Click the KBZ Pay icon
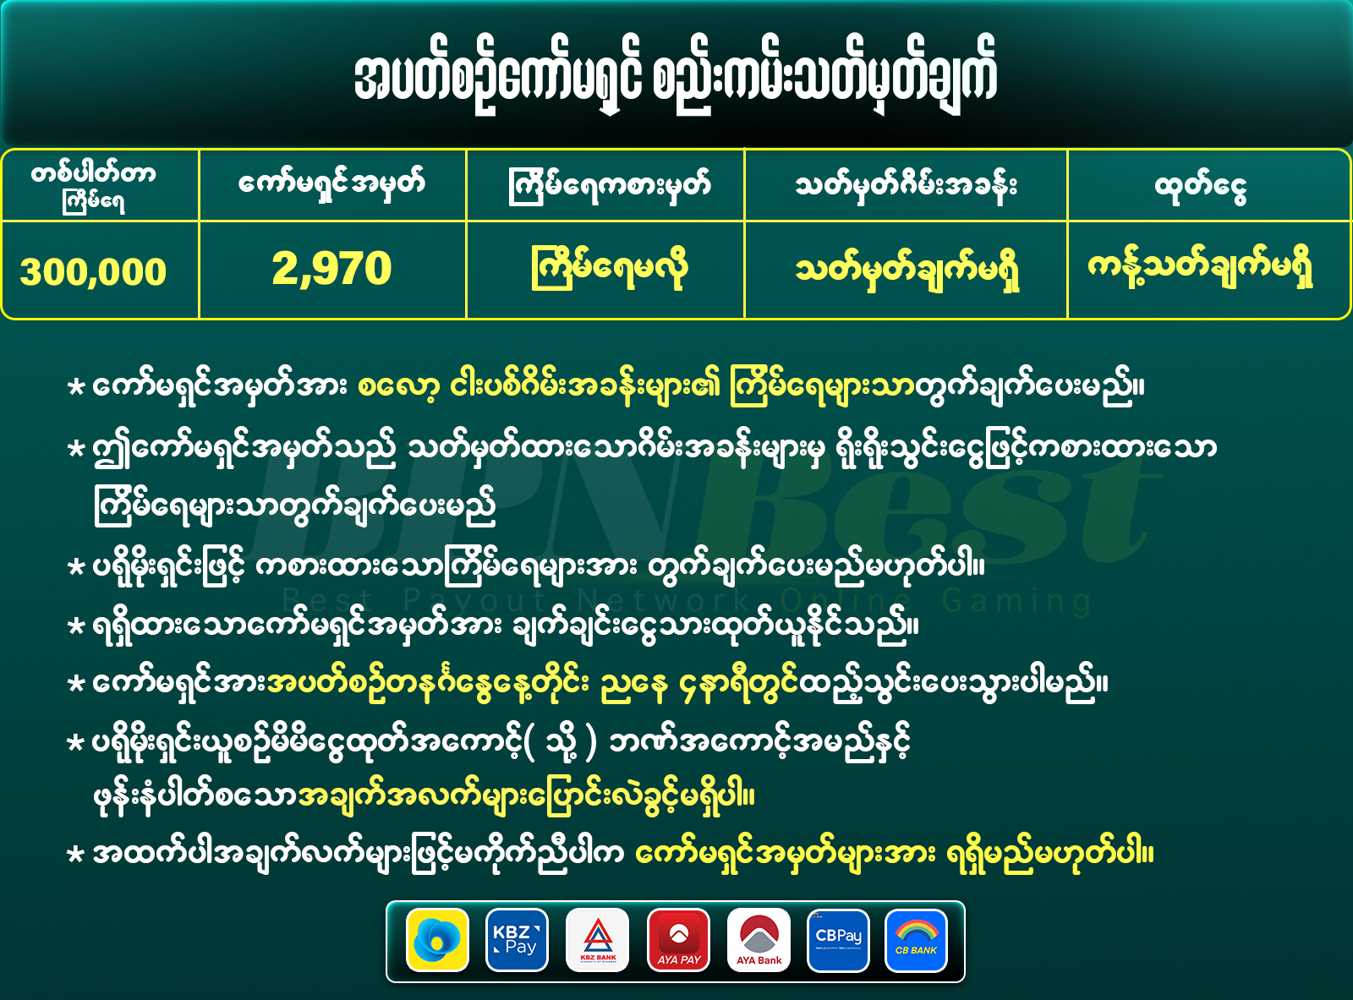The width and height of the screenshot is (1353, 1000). click(517, 940)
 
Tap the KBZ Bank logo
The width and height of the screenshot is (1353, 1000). click(597, 940)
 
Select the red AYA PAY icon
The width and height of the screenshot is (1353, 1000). click(678, 940)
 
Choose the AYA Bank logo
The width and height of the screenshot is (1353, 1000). click(759, 940)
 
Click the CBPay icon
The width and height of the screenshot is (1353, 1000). click(838, 940)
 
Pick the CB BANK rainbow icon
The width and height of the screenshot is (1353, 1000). click(916, 940)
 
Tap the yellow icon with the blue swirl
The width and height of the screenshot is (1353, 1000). click(437, 940)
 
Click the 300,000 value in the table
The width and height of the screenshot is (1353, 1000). click(93, 270)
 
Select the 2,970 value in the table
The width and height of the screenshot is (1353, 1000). click(331, 268)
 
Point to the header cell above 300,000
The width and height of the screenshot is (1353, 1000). click(93, 185)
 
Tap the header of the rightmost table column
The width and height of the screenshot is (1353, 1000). click(1201, 186)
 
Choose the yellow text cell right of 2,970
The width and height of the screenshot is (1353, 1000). click(609, 268)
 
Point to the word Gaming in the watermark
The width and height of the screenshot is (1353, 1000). click(1017, 601)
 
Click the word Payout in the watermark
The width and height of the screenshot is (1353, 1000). click(474, 601)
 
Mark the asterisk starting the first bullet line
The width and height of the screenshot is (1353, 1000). click(75, 387)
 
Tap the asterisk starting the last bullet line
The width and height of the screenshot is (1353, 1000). click(75, 855)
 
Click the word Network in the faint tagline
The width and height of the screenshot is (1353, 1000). click(665, 601)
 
